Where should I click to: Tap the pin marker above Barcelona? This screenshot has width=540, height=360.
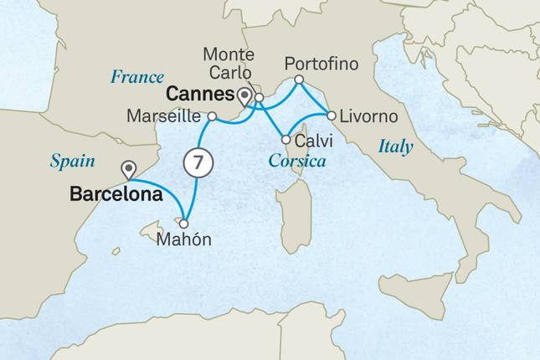(x=128, y=170)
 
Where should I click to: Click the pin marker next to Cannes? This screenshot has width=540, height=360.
(x=244, y=95)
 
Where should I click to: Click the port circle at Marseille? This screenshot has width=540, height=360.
(x=213, y=116)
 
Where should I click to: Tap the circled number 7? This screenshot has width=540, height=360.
(x=195, y=164)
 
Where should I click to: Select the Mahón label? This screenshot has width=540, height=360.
(x=184, y=240)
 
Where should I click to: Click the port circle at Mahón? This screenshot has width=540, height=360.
(x=183, y=224)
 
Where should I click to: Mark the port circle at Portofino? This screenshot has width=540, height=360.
(x=299, y=80)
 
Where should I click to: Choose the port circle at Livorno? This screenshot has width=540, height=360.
(x=332, y=115)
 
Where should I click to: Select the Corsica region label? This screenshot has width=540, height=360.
(x=296, y=159)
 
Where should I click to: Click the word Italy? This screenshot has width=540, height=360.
(x=395, y=147)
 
